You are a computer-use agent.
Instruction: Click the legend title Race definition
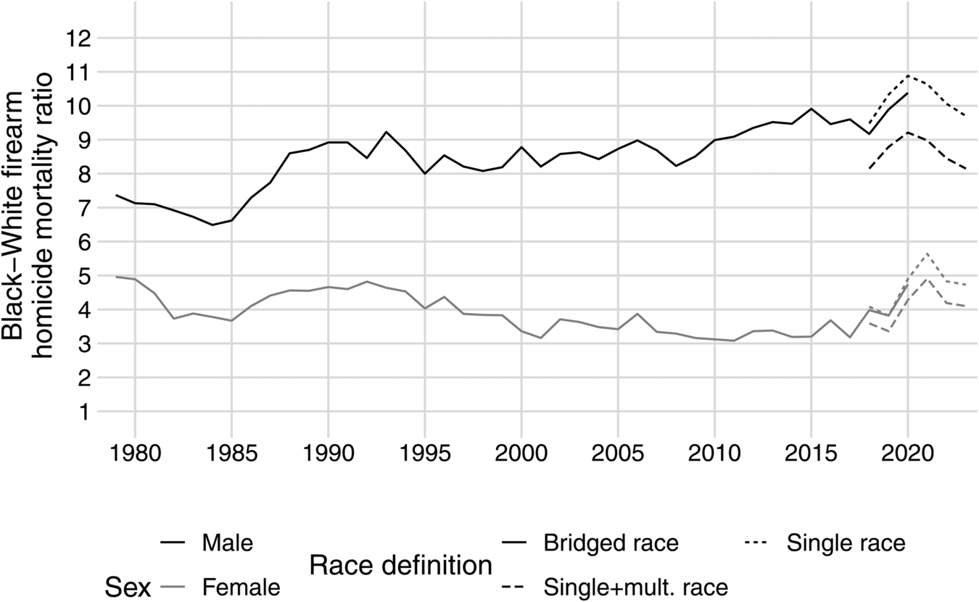pyautogui.click(x=401, y=564)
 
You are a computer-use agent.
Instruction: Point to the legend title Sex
pyautogui.click(x=128, y=588)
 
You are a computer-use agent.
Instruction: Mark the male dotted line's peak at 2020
pyautogui.click(x=907, y=75)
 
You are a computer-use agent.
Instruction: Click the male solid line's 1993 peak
pyautogui.click(x=386, y=132)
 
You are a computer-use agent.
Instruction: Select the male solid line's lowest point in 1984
pyautogui.click(x=212, y=225)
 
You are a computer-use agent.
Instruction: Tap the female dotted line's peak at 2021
pyautogui.click(x=926, y=254)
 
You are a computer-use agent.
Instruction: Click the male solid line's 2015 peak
pyautogui.click(x=811, y=109)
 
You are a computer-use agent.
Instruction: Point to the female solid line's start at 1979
pyautogui.click(x=115, y=277)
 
